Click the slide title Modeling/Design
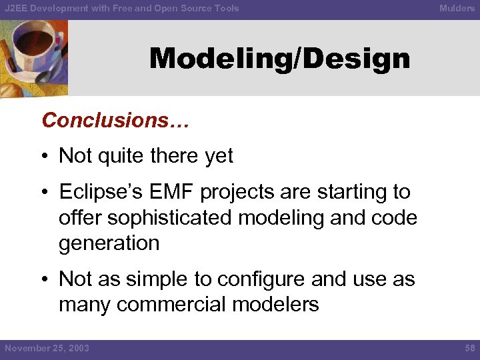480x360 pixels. coord(279,59)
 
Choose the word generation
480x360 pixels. coord(109,243)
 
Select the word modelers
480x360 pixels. coord(276,305)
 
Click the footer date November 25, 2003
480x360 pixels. coord(47,348)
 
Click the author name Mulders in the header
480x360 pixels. coord(457,8)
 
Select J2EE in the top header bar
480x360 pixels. coord(17,8)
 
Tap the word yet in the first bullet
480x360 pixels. coord(220,156)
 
